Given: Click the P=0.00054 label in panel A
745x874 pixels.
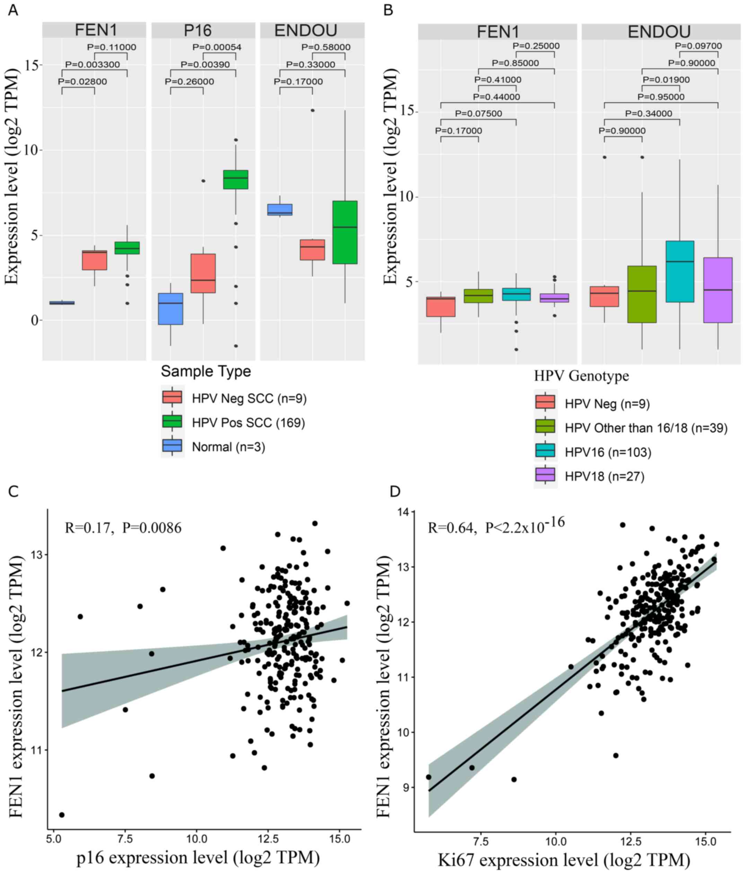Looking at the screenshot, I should (217, 47).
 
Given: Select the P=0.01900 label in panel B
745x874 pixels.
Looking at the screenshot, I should (661, 80).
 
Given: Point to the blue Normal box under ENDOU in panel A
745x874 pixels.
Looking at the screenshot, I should (279, 210).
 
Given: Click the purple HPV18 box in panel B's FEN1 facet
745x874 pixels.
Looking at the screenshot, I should (554, 298).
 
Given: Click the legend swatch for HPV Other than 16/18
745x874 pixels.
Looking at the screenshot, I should (545, 427).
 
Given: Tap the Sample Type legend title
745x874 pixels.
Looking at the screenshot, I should (206, 371).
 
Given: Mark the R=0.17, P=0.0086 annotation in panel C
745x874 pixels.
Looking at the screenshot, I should (123, 528).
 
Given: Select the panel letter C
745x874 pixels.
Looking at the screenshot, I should (14, 491).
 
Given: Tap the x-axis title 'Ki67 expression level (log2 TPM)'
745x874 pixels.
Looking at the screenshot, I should (564, 860).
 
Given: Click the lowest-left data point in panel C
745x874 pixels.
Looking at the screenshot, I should (62, 814).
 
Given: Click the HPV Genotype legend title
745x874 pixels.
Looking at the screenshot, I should (581, 376).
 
